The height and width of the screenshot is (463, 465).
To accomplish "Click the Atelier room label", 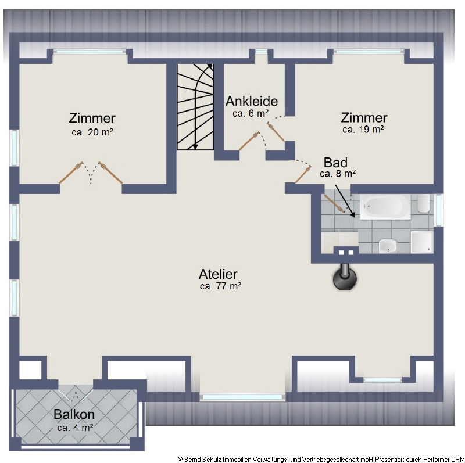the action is [218, 274].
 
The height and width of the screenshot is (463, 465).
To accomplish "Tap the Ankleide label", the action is [252, 101].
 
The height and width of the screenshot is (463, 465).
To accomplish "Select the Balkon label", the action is [74, 414].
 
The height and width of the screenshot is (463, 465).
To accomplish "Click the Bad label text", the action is [335, 163].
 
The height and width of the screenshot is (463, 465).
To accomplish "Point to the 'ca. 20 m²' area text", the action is [92, 132].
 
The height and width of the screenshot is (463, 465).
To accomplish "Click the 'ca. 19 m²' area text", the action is [363, 130].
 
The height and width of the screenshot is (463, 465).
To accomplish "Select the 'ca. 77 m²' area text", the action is [220, 286].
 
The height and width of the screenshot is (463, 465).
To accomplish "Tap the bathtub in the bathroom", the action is [385, 207].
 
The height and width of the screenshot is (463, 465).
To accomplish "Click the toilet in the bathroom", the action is [424, 203].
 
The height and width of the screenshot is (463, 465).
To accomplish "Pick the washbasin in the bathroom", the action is [388, 245].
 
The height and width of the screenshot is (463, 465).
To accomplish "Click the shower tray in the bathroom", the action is [422, 242].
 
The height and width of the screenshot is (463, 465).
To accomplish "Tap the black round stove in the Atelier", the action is [345, 277].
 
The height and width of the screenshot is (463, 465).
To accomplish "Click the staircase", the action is [195, 107].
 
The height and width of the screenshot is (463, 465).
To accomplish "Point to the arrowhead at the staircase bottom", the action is [195, 146].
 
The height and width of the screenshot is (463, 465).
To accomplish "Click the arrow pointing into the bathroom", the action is [345, 201].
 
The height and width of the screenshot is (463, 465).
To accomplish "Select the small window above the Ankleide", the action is [261, 52].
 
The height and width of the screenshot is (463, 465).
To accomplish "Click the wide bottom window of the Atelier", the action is [242, 397].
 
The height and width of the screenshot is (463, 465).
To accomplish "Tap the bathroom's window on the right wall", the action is [439, 210].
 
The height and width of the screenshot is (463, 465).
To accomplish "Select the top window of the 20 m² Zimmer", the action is [90, 52].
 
